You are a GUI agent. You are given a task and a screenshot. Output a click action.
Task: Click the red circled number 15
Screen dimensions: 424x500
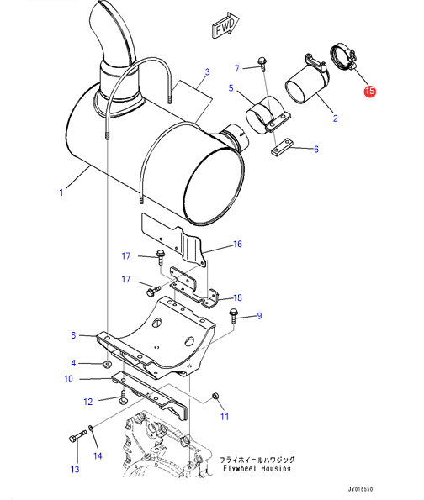(369, 91)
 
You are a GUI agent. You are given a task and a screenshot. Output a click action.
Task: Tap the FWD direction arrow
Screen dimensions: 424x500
(225, 25)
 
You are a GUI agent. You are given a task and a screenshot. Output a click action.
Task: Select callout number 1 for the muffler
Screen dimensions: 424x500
(61, 192)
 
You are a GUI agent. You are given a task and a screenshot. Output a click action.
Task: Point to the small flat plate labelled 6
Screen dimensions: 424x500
(282, 147)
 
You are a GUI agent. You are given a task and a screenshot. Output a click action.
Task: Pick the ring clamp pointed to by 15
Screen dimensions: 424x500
(343, 57)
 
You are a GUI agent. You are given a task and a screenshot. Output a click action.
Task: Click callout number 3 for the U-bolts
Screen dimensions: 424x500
(207, 71)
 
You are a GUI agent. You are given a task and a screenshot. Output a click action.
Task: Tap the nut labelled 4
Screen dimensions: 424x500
(108, 364)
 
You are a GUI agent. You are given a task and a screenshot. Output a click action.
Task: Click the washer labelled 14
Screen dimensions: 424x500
(91, 428)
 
